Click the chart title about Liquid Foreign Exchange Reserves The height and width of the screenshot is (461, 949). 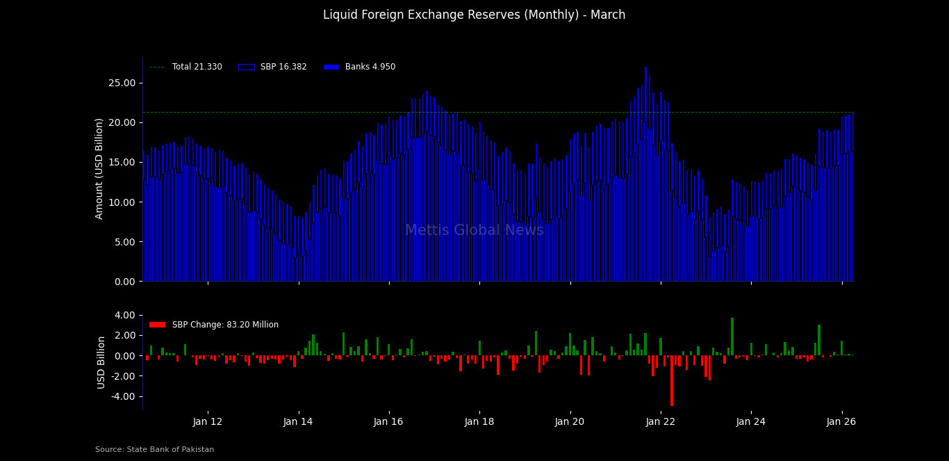pos(474,15)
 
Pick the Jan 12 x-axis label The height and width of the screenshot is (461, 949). pos(208,421)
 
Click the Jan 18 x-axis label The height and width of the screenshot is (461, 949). pos(479,421)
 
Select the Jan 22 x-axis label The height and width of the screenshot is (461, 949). pos(661,421)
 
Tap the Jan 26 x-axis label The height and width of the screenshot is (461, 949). pos(842,421)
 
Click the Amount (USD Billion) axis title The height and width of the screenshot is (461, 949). pos(100,169)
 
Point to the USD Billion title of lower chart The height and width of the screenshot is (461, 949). pos(101,362)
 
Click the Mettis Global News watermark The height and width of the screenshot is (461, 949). pos(474,231)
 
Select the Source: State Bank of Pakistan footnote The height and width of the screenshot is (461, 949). pos(154,450)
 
